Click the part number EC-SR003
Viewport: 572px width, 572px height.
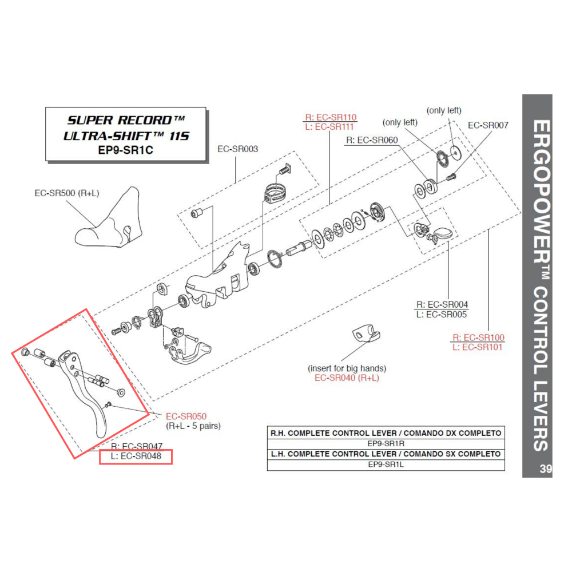237,149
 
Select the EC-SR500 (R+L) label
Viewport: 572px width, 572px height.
67,193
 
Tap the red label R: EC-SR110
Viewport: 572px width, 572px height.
331,117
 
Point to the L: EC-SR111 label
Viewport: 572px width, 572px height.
331,126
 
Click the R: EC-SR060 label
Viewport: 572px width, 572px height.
371,140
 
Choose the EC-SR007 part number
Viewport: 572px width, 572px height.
487,125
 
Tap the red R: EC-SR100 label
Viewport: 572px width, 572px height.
478,337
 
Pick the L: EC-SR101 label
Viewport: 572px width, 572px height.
478,347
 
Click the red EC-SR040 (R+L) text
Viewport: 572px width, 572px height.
347,378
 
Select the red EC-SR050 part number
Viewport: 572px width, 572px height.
186,416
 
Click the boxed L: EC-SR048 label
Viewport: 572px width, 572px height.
136,456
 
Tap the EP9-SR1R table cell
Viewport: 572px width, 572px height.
386,443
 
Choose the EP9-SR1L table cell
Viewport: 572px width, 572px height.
386,464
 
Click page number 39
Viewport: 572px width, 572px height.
545,470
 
